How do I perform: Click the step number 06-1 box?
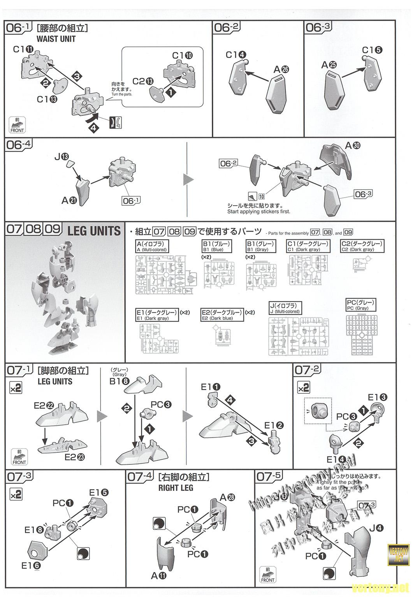(18, 28)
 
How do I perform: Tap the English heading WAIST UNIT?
(56, 39)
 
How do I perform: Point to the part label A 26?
(281, 69)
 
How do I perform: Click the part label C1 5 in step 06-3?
(372, 50)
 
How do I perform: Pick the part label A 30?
(353, 146)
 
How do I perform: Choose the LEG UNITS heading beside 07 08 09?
(94, 231)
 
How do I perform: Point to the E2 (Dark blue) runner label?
(221, 315)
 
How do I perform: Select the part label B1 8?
(120, 381)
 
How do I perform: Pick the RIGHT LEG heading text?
(176, 488)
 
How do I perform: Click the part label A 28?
(227, 497)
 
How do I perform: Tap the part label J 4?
(376, 528)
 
